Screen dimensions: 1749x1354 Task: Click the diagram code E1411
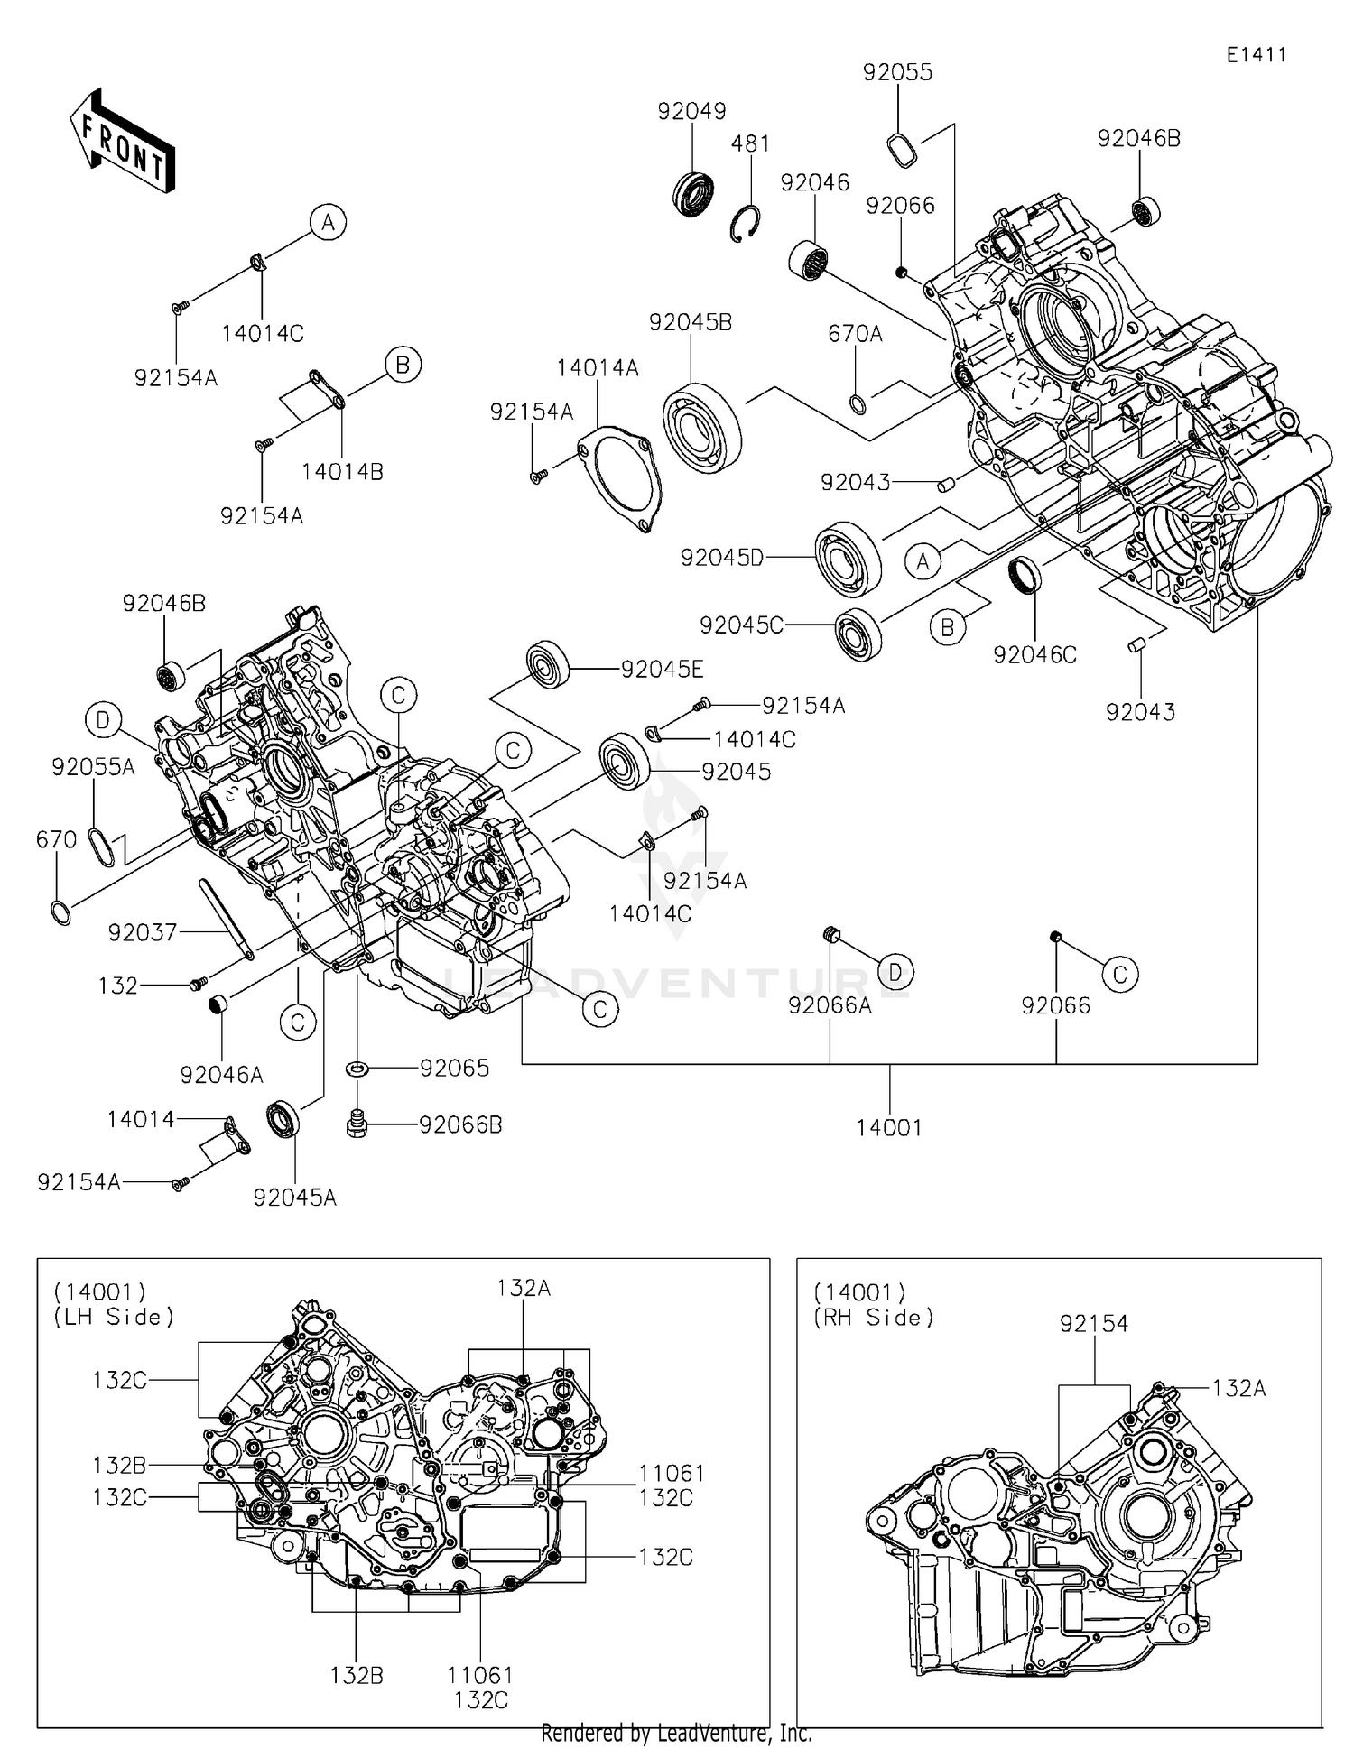1256,55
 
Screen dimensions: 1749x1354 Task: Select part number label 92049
691,111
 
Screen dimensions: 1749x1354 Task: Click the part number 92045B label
690,322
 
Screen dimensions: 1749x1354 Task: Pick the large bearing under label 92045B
702,428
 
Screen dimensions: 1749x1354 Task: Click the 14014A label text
597,368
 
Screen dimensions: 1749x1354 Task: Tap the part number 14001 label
889,1127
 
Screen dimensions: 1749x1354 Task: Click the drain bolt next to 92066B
357,1124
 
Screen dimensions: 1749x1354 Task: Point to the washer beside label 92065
357,1069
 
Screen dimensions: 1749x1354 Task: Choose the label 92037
142,932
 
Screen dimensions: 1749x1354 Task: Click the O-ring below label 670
60,912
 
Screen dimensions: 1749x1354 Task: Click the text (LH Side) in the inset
114,1317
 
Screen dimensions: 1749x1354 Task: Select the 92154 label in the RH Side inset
1093,1323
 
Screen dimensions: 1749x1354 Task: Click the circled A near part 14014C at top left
329,222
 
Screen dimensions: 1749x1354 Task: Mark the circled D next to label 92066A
895,971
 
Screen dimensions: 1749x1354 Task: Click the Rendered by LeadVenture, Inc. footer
676,1733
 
